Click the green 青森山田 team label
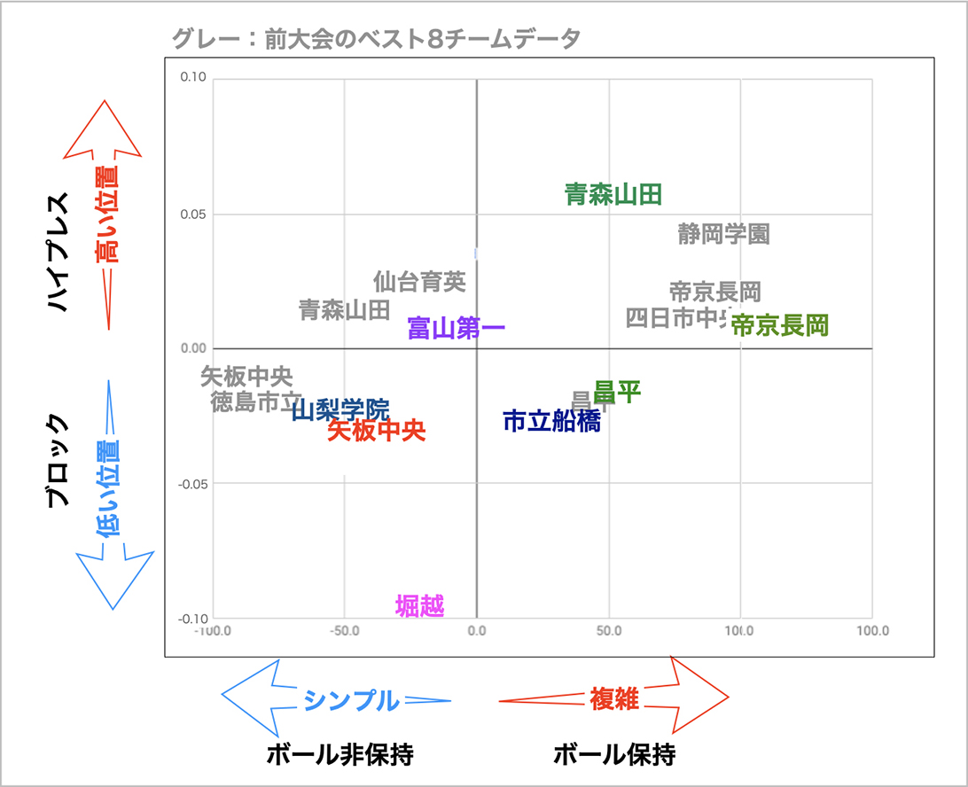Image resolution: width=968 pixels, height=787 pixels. click(x=613, y=194)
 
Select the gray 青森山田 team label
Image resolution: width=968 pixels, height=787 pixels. click(x=344, y=309)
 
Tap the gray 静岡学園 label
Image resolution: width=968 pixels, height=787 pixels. click(x=723, y=234)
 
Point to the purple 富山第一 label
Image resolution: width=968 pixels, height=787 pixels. click(x=457, y=329)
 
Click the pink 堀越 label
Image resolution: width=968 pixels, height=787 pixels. click(x=420, y=606)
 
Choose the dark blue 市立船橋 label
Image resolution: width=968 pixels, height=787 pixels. click(x=551, y=421)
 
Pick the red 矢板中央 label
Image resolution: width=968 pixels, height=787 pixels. click(x=377, y=431)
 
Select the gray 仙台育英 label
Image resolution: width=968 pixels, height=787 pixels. click(x=419, y=282)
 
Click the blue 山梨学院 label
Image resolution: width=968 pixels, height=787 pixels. click(x=340, y=409)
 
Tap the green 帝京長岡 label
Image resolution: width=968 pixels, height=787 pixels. click(x=780, y=325)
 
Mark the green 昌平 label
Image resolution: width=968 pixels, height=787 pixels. click(x=618, y=391)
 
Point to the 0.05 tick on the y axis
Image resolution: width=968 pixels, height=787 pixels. click(x=193, y=214)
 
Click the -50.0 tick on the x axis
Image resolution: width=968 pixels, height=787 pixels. click(x=343, y=631)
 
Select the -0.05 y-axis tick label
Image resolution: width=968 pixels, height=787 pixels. click(x=191, y=484)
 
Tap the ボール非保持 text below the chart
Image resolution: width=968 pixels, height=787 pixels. click(x=340, y=755)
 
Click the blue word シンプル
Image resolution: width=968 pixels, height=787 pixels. click(x=351, y=700)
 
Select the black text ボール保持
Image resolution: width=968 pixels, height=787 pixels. click(x=614, y=755)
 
